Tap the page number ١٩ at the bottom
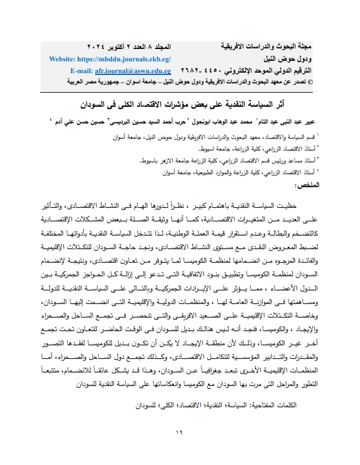pos(180,434)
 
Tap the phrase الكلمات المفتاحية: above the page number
pos(270,407)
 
